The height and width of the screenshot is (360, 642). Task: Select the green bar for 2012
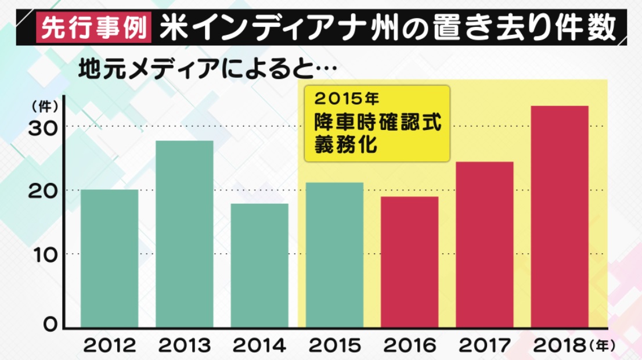pyautogui.click(x=110, y=258)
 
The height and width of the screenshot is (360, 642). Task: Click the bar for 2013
pyautogui.click(x=185, y=234)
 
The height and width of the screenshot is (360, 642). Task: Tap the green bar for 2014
pyautogui.click(x=259, y=265)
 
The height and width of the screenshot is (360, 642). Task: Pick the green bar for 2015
pyautogui.click(x=334, y=255)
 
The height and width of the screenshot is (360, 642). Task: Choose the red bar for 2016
pyautogui.click(x=409, y=262)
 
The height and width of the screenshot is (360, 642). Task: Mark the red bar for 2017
pyautogui.click(x=485, y=244)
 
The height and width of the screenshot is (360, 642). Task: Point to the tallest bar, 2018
pyautogui.click(x=560, y=217)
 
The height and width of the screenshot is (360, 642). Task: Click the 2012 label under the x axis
pyautogui.click(x=110, y=346)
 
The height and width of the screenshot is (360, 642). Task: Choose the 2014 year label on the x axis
pyautogui.click(x=259, y=346)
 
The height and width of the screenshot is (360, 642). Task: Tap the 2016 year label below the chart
pyautogui.click(x=409, y=346)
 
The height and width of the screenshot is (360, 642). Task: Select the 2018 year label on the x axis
pyautogui.click(x=560, y=346)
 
